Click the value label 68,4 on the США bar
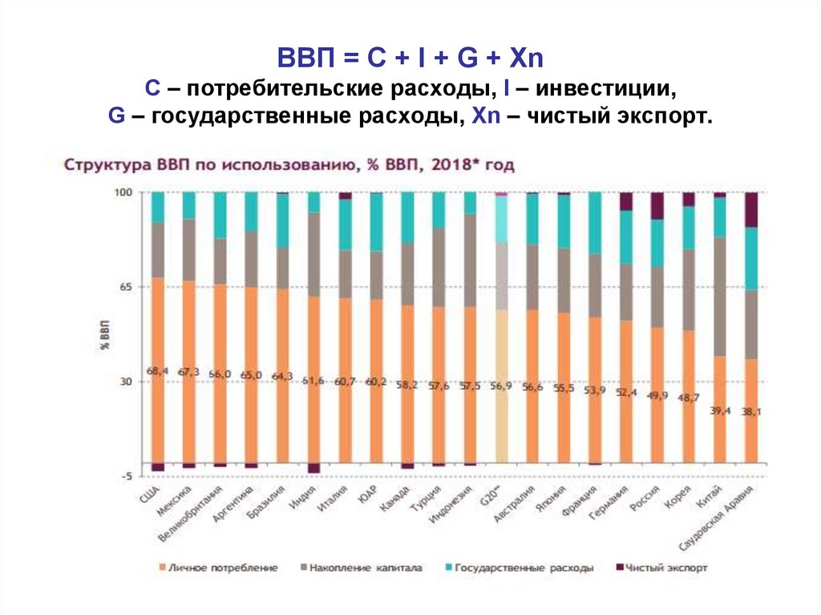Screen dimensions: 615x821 pos(157,370)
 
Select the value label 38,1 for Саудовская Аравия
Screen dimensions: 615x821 pos(752,411)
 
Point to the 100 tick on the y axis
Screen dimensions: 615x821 pos(122,193)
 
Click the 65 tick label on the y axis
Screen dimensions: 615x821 pos(124,287)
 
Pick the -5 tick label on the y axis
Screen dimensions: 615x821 pos(124,476)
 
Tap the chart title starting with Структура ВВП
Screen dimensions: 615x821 pos(289,166)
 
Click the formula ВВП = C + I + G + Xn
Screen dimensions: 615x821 pos(410,59)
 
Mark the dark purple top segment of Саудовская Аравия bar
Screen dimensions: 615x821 pos(751,209)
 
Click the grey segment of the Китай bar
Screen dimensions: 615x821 pos(720,297)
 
